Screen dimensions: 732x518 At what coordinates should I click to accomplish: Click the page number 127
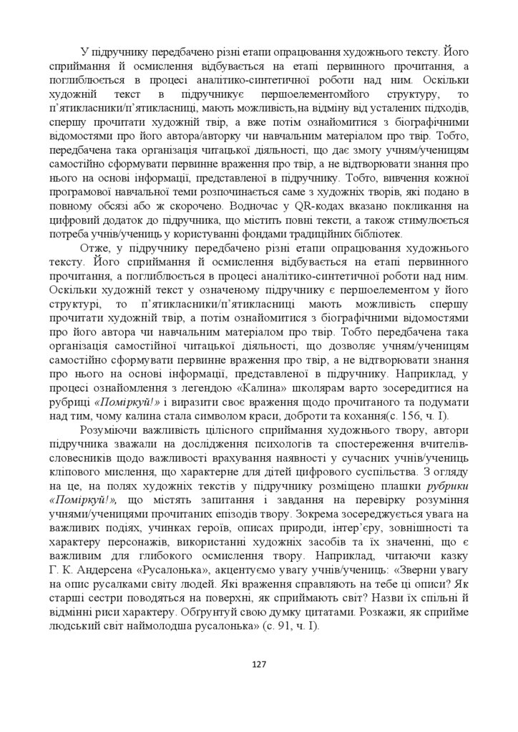coord(259,665)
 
